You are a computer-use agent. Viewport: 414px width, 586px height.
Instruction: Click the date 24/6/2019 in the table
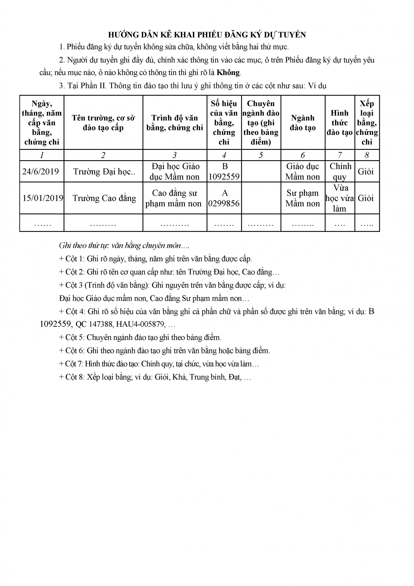point(41,171)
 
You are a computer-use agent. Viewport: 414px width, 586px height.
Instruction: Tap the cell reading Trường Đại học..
point(104,171)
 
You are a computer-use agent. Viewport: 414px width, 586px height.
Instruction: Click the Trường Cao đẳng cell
point(104,198)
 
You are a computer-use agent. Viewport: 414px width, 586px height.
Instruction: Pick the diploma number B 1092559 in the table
point(224,171)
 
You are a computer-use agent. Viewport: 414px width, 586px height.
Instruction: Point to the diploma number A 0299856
point(224,198)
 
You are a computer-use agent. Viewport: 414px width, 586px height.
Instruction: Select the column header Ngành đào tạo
point(303,122)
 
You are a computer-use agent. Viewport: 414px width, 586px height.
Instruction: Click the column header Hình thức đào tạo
point(340,122)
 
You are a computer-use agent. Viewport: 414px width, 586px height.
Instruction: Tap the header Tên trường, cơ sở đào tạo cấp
point(103,122)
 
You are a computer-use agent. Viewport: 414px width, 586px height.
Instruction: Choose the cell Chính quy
point(340,171)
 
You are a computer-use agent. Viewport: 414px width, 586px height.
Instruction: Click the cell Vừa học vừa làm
point(340,198)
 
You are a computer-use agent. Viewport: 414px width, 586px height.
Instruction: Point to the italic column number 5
point(260,155)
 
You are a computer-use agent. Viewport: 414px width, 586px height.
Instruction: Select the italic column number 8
point(367,155)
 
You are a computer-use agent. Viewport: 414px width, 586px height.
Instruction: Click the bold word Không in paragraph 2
point(228,73)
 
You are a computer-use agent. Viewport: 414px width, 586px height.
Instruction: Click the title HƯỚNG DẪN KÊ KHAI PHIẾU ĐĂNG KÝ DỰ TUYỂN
point(207,35)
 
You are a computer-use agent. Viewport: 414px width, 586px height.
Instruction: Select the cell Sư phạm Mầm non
point(303,198)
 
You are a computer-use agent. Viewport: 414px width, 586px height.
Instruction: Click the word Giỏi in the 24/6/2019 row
point(365,171)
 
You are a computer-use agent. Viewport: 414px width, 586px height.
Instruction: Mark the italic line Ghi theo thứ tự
point(124,245)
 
